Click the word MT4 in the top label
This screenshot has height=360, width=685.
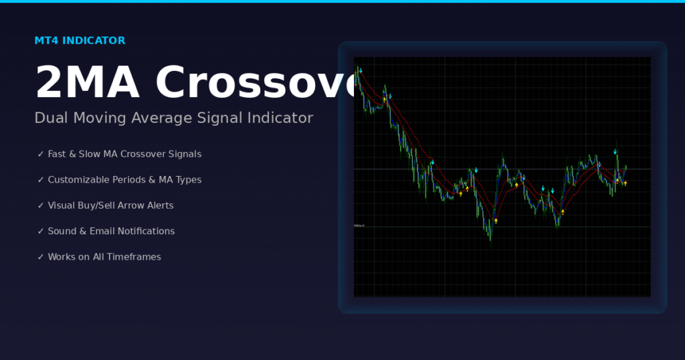pos(46,41)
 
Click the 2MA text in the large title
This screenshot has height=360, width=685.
pos(87,83)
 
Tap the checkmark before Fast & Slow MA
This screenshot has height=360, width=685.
pos(41,155)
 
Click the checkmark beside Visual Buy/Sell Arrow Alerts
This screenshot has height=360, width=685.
pos(41,206)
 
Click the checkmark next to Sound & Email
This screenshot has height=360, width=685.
pos(41,232)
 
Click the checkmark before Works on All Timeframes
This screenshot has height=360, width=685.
pos(41,257)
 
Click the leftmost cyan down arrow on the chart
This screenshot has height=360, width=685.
pos(361,70)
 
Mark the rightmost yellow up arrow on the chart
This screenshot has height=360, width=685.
pos(625,183)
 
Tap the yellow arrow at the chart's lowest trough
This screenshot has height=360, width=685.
pos(496,221)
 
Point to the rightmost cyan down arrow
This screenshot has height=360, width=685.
pos(615,152)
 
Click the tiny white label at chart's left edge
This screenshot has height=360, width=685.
pos(359,226)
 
